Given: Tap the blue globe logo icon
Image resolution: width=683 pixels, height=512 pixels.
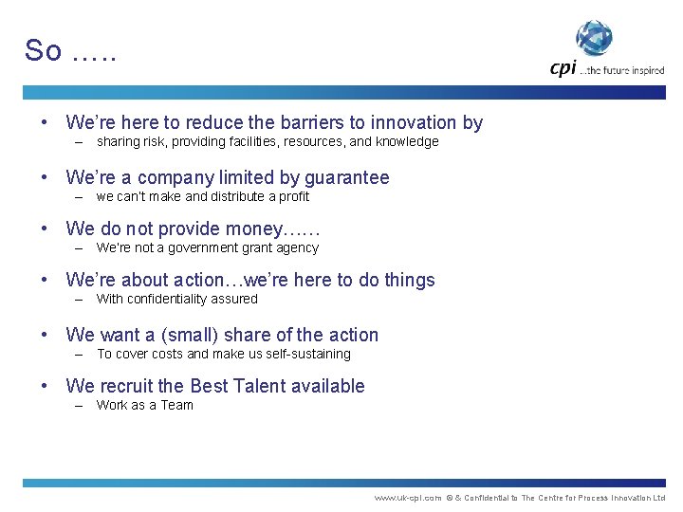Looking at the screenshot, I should (x=595, y=39).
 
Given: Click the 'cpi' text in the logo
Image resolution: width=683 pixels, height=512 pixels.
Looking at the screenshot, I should (x=563, y=67).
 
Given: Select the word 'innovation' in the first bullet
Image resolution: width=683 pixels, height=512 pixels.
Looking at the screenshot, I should (x=413, y=122).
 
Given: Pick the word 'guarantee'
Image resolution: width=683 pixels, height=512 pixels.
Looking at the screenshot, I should (x=346, y=177).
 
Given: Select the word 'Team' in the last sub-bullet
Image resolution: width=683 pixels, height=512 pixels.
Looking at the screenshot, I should (x=176, y=406).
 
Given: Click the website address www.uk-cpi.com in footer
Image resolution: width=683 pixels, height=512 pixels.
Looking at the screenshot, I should (x=408, y=498).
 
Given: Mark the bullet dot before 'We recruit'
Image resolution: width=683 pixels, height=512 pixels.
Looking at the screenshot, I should (x=46, y=386).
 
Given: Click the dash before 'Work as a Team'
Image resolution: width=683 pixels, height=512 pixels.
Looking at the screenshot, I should (x=80, y=406).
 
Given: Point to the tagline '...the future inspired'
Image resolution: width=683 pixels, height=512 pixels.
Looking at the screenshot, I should (x=623, y=70).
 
